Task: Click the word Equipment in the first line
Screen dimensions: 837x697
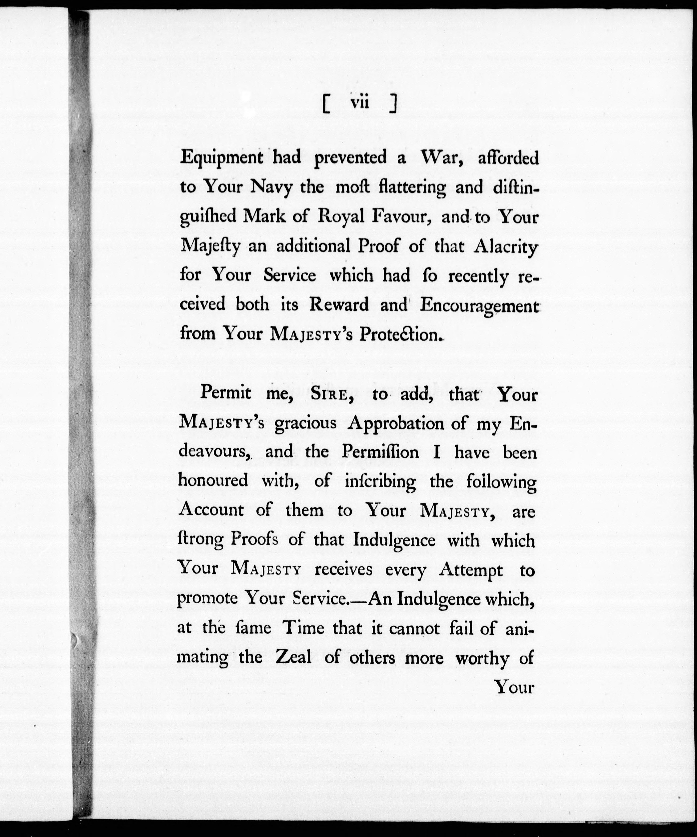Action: click(x=221, y=158)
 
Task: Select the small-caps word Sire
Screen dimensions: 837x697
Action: click(x=331, y=395)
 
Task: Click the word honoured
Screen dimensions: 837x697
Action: click(x=213, y=481)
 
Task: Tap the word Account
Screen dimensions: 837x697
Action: click(x=211, y=510)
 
